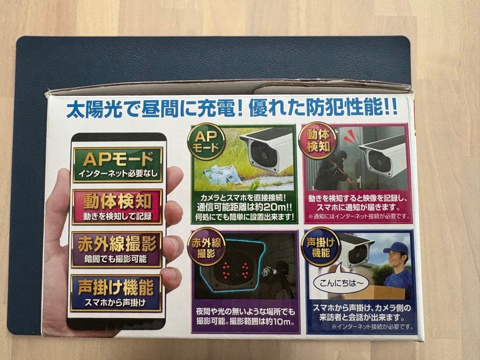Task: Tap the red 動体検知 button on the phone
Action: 117,207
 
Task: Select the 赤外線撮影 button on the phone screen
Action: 117,250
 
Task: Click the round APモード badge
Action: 206,141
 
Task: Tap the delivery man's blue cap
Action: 396,247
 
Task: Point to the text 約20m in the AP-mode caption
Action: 270,207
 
